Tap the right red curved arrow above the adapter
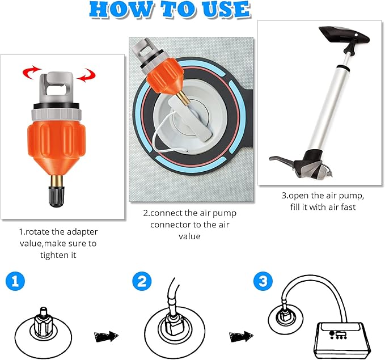click(86, 74)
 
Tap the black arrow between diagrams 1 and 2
click(105, 336)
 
